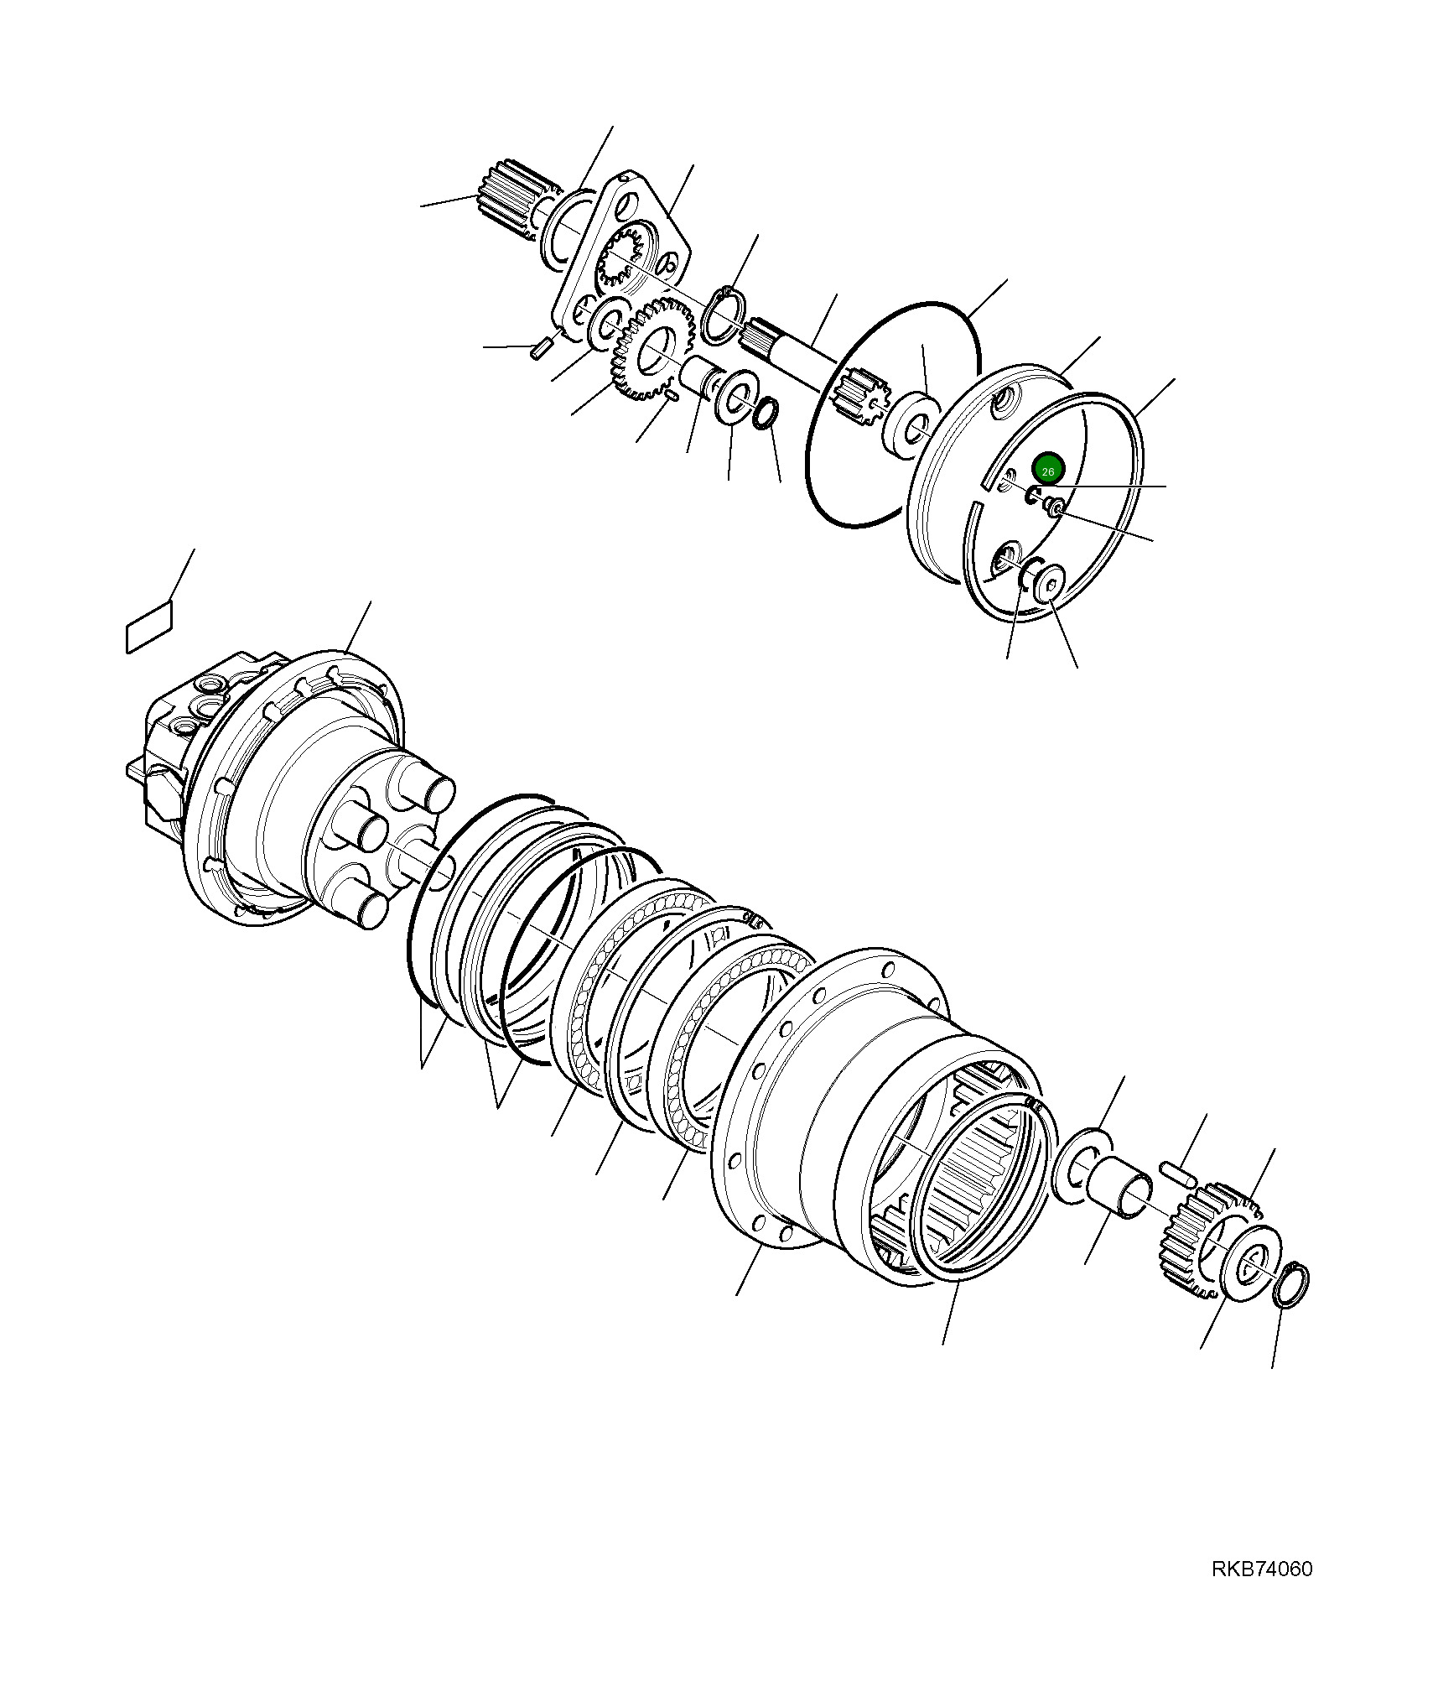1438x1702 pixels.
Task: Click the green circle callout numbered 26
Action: (x=1047, y=470)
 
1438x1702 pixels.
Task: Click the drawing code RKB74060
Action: (x=1261, y=1569)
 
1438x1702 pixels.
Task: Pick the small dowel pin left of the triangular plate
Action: (x=539, y=346)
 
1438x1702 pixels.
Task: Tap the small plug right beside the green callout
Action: (x=1055, y=507)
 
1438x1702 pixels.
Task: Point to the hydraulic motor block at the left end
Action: (x=180, y=738)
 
